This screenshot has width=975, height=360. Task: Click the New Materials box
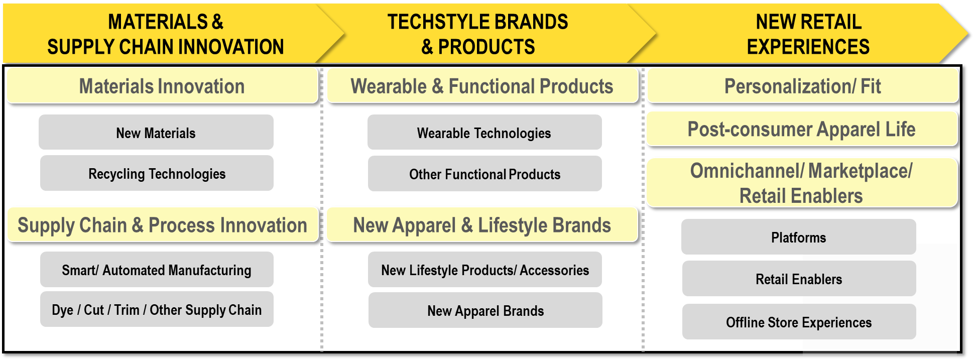[x=156, y=132]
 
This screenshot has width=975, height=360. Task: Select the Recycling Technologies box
[x=157, y=173]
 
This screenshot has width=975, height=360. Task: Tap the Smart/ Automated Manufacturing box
[x=157, y=270]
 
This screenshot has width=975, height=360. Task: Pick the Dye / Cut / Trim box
[x=157, y=309]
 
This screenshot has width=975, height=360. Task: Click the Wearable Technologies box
[x=484, y=132]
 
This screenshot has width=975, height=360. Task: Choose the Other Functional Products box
[x=485, y=174]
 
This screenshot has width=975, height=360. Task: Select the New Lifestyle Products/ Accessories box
[x=485, y=270]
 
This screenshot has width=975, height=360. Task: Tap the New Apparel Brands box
[x=485, y=310]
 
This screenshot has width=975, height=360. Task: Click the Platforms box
[x=799, y=237]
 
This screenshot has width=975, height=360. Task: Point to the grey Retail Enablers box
[x=799, y=279]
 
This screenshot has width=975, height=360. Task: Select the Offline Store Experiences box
[x=799, y=322]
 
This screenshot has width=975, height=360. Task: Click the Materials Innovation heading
[x=162, y=86]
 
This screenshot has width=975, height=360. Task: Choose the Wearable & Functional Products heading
[x=482, y=86]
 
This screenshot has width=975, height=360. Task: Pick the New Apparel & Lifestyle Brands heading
[x=482, y=225]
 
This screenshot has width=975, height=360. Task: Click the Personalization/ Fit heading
[x=803, y=86]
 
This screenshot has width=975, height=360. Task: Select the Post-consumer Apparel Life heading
[x=802, y=129]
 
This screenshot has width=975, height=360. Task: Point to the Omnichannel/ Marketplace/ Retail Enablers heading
[x=802, y=183]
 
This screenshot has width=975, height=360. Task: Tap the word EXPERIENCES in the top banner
[x=808, y=46]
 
